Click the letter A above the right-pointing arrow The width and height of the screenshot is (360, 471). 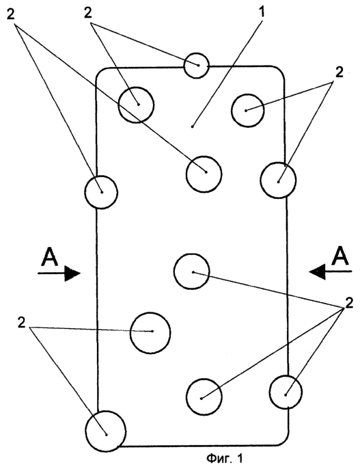click(x=50, y=257)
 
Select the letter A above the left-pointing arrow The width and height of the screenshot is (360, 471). click(x=340, y=256)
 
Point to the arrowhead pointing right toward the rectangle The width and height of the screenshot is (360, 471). click(x=72, y=273)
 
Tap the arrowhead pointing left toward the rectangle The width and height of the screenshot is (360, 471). click(x=318, y=271)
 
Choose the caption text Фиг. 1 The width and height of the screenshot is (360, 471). click(x=224, y=459)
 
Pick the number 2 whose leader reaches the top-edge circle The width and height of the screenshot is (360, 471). click(x=88, y=13)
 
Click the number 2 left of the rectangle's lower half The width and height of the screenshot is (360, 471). click(x=21, y=323)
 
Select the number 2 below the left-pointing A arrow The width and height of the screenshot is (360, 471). click(x=349, y=304)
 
